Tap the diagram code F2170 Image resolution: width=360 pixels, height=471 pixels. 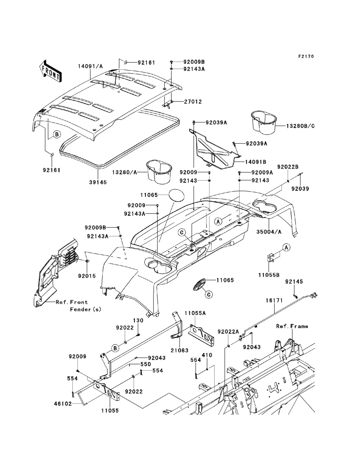(x=306, y=56)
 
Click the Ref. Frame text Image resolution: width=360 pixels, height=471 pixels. (x=292, y=326)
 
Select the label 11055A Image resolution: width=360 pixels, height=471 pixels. (x=195, y=313)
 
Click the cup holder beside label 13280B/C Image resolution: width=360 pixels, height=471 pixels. (x=262, y=121)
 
